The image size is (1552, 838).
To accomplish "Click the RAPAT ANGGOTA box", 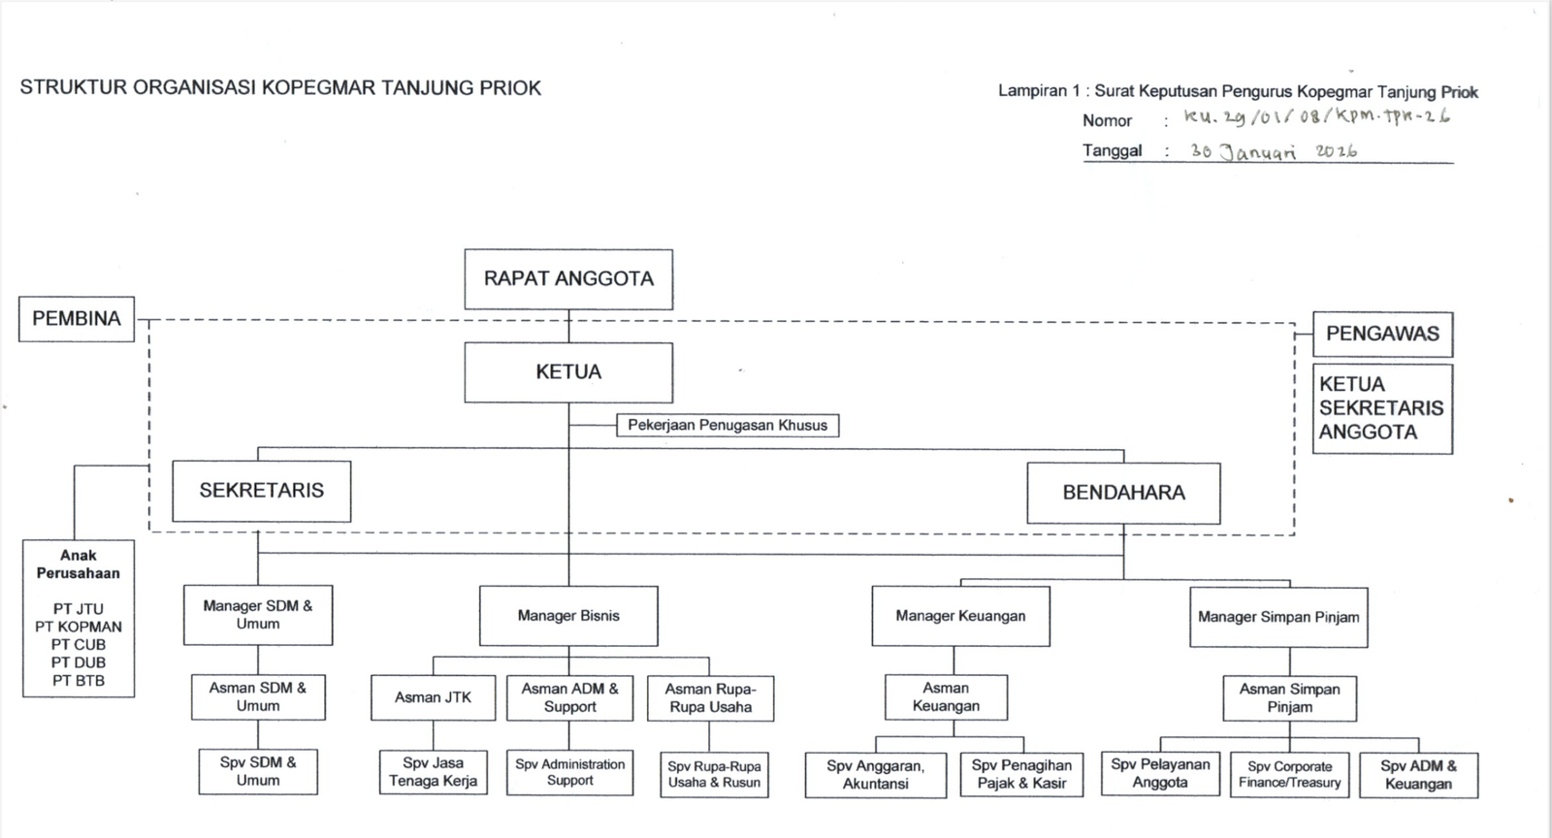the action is (x=568, y=279).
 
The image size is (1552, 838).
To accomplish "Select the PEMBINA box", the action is (x=77, y=319).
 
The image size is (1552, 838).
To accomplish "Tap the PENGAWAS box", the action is (x=1382, y=335).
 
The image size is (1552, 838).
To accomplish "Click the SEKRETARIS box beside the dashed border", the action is (x=261, y=491).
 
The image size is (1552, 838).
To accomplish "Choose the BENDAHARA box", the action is (x=1123, y=493).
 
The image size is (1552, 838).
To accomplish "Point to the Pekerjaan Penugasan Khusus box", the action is (x=727, y=425).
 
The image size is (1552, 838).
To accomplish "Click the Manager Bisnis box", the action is (x=568, y=617).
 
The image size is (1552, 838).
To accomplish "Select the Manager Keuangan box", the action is (x=960, y=617).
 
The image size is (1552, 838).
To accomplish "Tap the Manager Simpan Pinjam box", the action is (x=1278, y=617).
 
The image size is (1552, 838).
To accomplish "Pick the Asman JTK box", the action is (x=433, y=697).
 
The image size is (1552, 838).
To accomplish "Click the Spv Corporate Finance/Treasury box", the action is (x=1289, y=775).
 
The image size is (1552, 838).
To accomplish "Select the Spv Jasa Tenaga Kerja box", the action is (x=433, y=772).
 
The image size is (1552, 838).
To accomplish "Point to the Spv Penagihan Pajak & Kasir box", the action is (x=1021, y=775).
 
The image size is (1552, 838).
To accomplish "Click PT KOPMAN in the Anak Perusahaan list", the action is (x=79, y=627).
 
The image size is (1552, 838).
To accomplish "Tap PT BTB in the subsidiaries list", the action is (x=79, y=681).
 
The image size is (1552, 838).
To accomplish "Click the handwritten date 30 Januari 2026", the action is (x=1274, y=151).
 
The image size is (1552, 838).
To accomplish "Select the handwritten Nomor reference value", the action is (x=1316, y=116).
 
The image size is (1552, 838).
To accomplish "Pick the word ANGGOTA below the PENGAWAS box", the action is (x=1368, y=433).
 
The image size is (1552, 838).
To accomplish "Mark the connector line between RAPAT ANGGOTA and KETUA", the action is (x=568, y=326).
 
